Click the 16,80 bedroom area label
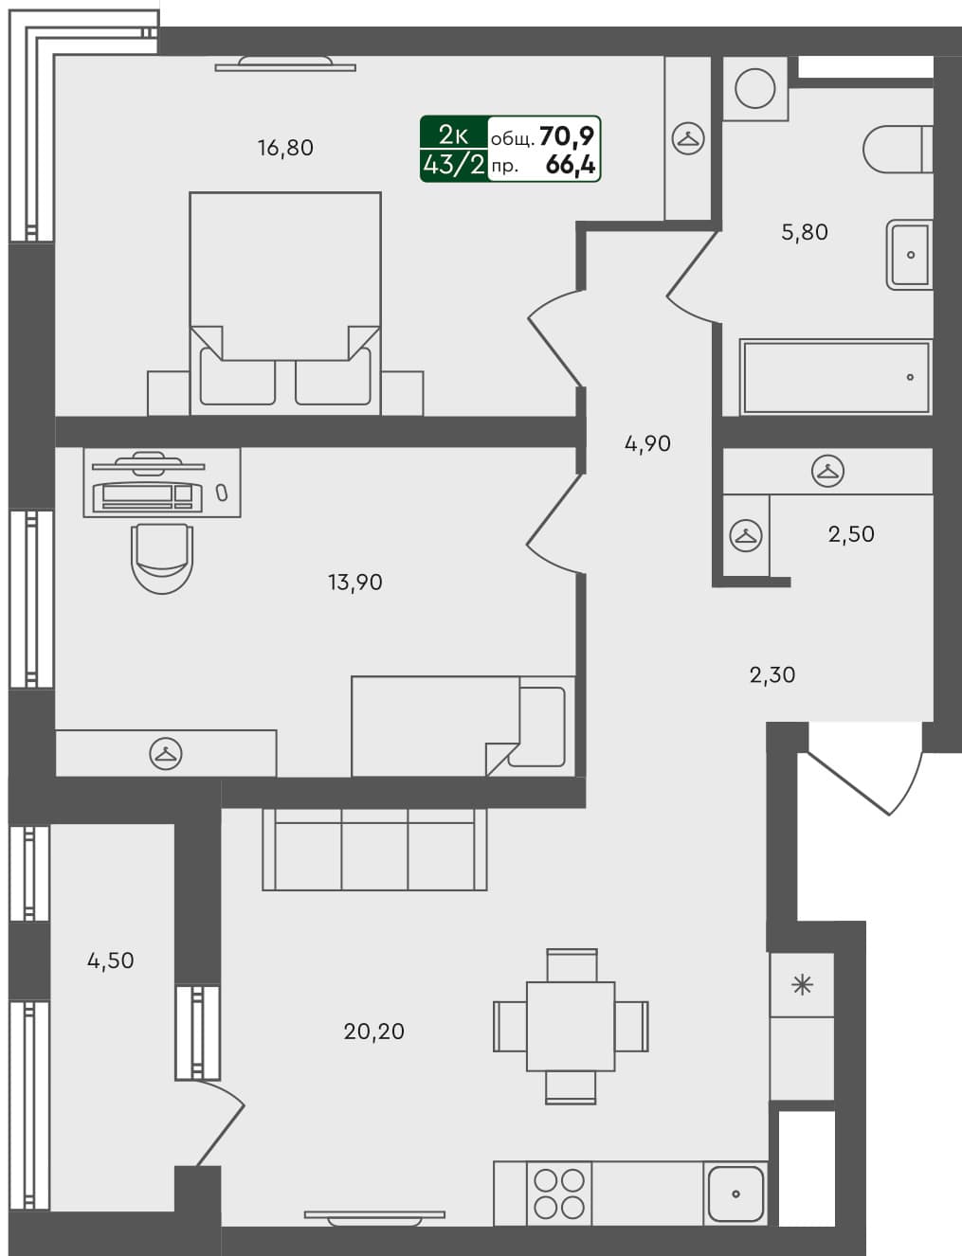pyautogui.click(x=285, y=148)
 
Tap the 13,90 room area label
pyautogui.click(x=355, y=583)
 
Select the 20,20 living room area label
pyautogui.click(x=373, y=1032)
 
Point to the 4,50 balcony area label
pyautogui.click(x=111, y=960)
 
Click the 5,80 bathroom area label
pyautogui.click(x=805, y=232)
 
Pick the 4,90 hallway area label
pyautogui.click(x=647, y=443)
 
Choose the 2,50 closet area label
pyautogui.click(x=851, y=534)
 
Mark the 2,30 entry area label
pyautogui.click(x=772, y=675)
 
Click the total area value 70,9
pyautogui.click(x=567, y=136)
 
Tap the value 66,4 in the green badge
pyautogui.click(x=571, y=165)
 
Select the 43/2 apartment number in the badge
pyautogui.click(x=454, y=165)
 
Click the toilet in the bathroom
pyautogui.click(x=897, y=150)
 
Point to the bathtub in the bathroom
pyautogui.click(x=835, y=377)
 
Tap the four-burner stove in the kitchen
pyautogui.click(x=559, y=1193)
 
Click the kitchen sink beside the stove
pyautogui.click(x=735, y=1193)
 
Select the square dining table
pyautogui.click(x=571, y=1026)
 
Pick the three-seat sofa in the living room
pyautogui.click(x=374, y=849)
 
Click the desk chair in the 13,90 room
pyautogui.click(x=162, y=558)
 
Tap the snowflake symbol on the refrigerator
pyautogui.click(x=802, y=985)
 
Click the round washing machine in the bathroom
pyautogui.click(x=755, y=89)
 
